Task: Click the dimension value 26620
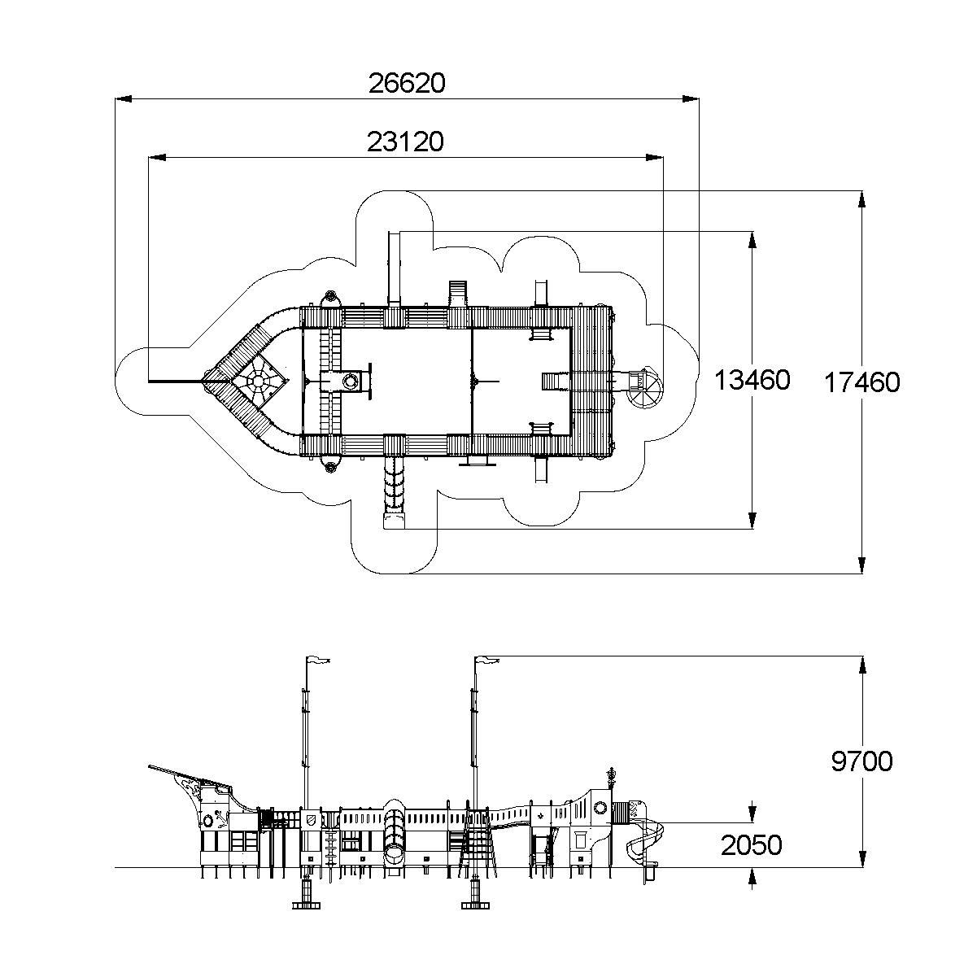coord(407,83)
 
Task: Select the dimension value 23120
coord(405,142)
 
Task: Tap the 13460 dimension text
coord(752,380)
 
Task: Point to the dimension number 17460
coord(862,382)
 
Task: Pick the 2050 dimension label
coord(752,845)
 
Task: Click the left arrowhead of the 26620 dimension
coord(124,99)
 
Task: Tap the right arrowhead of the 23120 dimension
coord(655,158)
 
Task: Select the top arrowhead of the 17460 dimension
coord(862,199)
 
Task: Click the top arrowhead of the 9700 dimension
coord(862,665)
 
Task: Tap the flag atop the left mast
coord(318,660)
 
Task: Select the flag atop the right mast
coord(487,660)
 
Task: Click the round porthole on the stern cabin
coord(600,807)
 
